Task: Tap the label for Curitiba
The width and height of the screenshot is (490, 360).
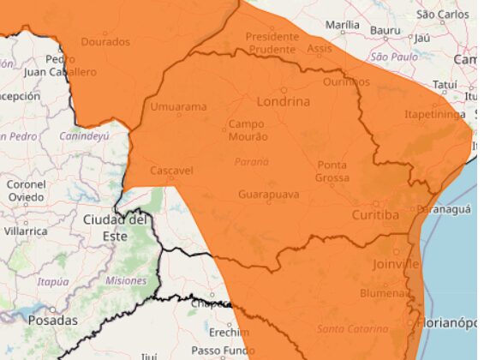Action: pos(375,215)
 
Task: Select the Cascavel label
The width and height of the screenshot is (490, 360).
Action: pos(171,171)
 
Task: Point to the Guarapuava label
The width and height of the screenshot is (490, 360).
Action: pos(269,195)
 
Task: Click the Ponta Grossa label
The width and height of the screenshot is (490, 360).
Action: pos(332,171)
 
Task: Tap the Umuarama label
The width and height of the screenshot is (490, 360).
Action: pos(178,107)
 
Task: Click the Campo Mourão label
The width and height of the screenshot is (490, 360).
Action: pos(248,130)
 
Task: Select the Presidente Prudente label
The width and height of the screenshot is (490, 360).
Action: pos(272,43)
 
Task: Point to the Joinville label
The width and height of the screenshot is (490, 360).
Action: pos(396,264)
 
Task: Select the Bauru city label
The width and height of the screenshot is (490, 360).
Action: pos(385,31)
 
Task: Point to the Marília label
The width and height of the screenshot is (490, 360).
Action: pos(343,25)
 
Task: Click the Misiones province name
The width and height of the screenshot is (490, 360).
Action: pos(126,280)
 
